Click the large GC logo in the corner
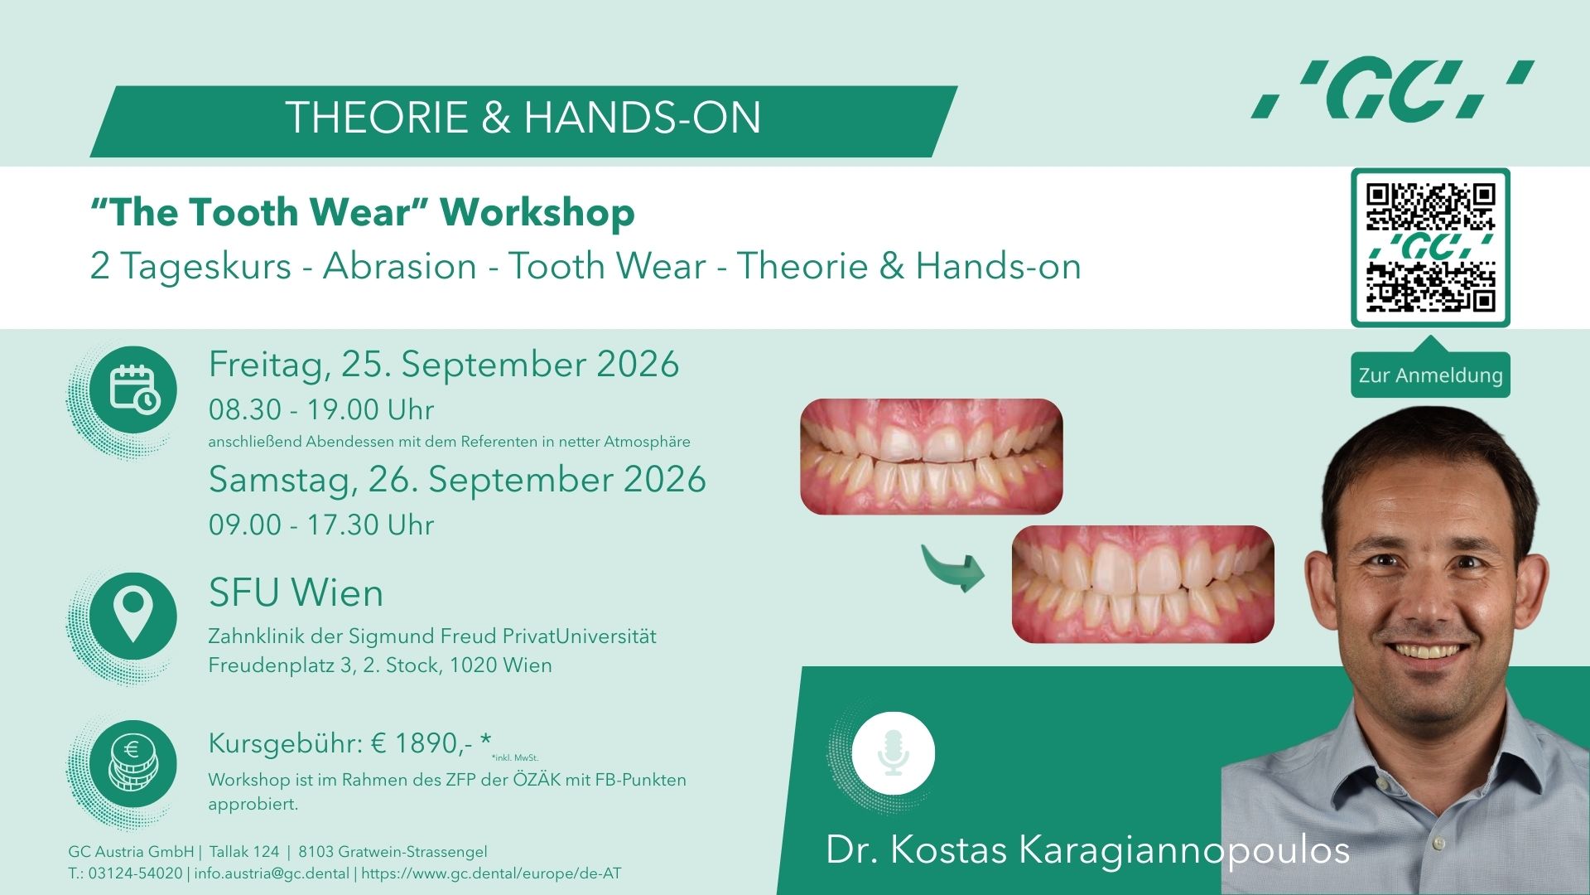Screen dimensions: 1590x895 [1393, 89]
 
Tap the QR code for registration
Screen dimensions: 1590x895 [1430, 248]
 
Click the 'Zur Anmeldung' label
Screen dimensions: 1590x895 [1430, 375]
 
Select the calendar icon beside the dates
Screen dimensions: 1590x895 [133, 389]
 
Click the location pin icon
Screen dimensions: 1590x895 [133, 616]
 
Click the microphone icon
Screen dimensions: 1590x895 [893, 753]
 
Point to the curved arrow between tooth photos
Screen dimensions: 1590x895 [954, 567]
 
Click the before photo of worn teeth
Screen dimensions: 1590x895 [931, 457]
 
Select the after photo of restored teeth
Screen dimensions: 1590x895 [1143, 584]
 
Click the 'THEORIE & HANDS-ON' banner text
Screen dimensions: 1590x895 [523, 118]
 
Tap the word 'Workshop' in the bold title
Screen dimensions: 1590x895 [537, 212]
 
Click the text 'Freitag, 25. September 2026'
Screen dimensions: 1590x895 [444, 365]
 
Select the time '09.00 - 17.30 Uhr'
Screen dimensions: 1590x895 [321, 525]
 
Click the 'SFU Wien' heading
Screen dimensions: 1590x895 [296, 593]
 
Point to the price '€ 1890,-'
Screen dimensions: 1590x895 [422, 743]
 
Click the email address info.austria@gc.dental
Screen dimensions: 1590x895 [272, 873]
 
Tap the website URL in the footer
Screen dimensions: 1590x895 [491, 873]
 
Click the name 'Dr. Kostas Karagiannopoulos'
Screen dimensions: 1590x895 [1088, 850]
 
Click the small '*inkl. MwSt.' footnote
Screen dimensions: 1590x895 [514, 757]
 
